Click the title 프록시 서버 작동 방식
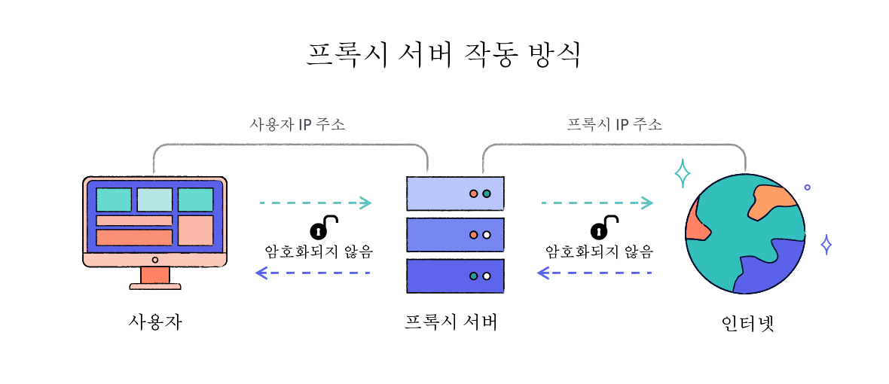click(444, 55)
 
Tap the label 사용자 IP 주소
click(297, 124)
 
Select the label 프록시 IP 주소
click(615, 124)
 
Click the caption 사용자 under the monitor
click(155, 322)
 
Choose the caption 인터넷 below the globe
click(747, 324)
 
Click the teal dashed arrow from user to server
click(316, 203)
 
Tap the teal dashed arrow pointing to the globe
click(597, 203)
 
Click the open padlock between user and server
click(322, 227)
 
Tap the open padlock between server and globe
click(603, 227)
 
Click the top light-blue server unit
click(455, 194)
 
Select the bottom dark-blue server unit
click(455, 276)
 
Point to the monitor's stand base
click(155, 285)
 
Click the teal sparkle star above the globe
click(683, 174)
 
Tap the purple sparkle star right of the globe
click(826, 245)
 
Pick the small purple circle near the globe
click(807, 187)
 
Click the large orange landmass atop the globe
click(770, 201)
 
